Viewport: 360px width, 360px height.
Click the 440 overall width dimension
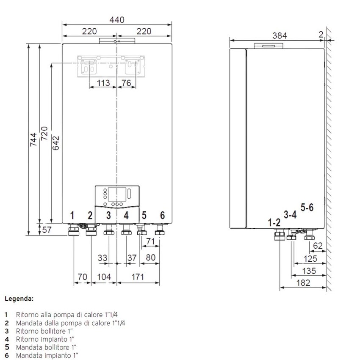pyautogui.click(x=117, y=19)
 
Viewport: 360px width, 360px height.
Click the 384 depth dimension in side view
pyautogui.click(x=280, y=36)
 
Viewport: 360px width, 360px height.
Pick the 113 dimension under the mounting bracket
pyautogui.click(x=103, y=83)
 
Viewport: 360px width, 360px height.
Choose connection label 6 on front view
pyautogui.click(x=162, y=215)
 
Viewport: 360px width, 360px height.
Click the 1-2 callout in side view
pyautogui.click(x=274, y=222)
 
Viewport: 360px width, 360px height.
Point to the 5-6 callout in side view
pyautogui.click(x=307, y=208)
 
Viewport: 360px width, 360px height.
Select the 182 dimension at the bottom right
pyautogui.click(x=302, y=282)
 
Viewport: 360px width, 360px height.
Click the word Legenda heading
pyautogui.click(x=19, y=299)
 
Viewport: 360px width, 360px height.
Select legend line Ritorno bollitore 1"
pyautogui.click(x=45, y=330)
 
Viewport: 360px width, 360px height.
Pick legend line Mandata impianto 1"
pyautogui.click(x=47, y=355)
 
